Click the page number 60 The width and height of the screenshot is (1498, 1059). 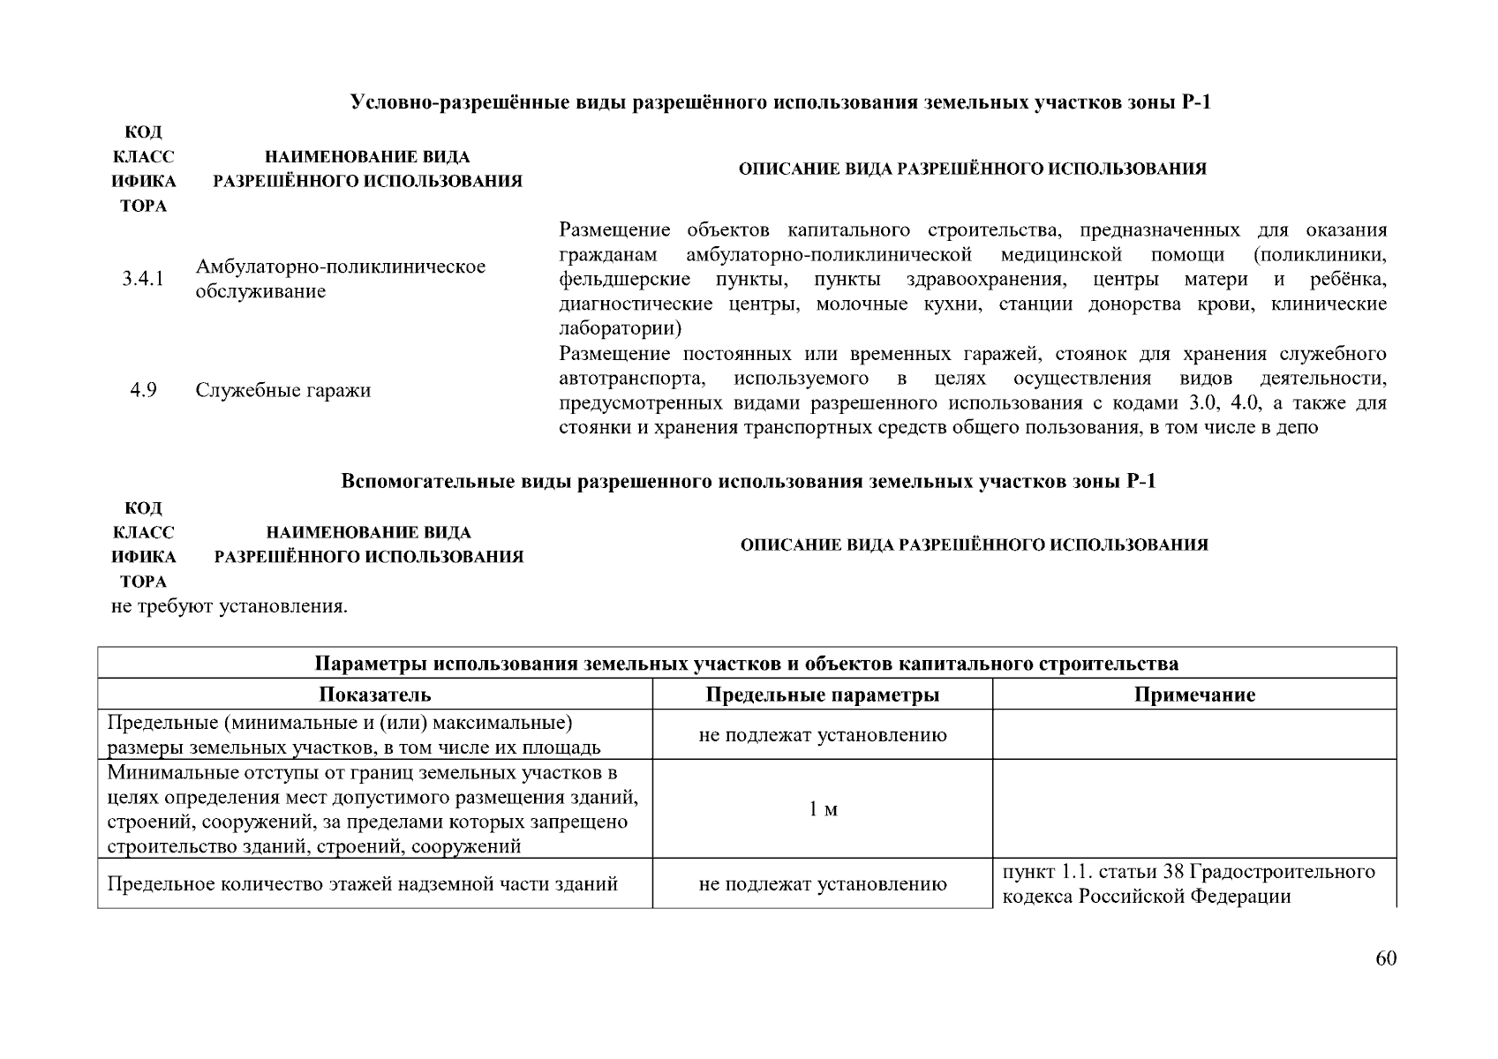tap(1386, 959)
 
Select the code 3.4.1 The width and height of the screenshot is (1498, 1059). tap(143, 279)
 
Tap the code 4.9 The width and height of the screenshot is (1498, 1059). tap(143, 390)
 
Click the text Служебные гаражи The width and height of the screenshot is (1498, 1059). tap(282, 390)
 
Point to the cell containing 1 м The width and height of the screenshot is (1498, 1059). tap(823, 809)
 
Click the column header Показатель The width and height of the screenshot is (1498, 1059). tap(375, 695)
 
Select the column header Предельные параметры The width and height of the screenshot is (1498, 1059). tap(823, 695)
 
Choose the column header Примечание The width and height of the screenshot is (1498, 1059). tap(1194, 695)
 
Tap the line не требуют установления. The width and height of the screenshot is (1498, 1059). tap(230, 607)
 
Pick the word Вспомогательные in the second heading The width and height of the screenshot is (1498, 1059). tap(410, 482)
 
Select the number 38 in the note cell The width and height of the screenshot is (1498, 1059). tap(1173, 872)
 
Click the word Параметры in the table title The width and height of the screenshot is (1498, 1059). tap(372, 664)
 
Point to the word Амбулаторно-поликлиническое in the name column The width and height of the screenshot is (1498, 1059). tap(341, 267)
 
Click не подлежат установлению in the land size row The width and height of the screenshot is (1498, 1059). tap(823, 735)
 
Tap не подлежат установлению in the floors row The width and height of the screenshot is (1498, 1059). tap(823, 883)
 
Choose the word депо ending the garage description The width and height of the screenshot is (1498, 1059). tap(1295, 428)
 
